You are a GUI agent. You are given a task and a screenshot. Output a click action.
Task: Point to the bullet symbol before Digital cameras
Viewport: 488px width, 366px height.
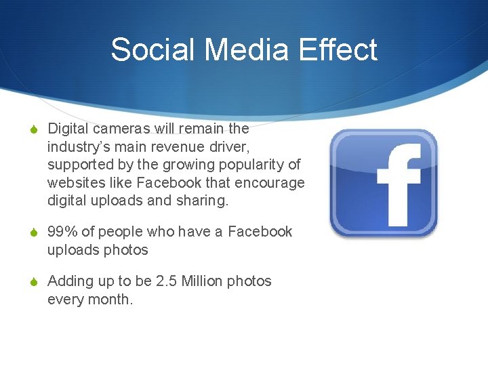pyautogui.click(x=34, y=129)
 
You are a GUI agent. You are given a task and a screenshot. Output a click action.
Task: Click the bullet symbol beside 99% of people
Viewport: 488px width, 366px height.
pyautogui.click(x=34, y=232)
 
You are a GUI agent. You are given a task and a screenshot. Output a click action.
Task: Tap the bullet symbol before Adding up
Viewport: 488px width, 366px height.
pyautogui.click(x=34, y=282)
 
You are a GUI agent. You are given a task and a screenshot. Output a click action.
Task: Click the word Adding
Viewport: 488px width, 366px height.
pyautogui.click(x=70, y=281)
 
